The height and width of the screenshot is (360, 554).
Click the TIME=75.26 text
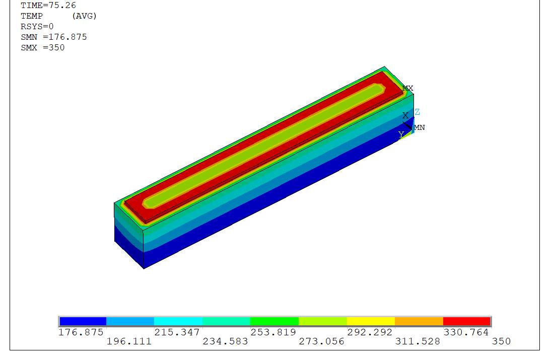(x=48, y=6)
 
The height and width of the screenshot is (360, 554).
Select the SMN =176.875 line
(x=54, y=37)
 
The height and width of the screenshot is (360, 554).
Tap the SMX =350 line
(x=43, y=48)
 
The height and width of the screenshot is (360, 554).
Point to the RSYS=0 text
(x=37, y=27)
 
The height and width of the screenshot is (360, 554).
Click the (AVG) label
(x=84, y=16)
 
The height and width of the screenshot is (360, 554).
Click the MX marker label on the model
(x=408, y=88)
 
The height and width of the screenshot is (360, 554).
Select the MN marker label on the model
(x=420, y=127)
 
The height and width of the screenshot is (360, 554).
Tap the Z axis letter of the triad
(x=418, y=112)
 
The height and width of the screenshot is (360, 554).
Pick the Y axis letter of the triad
(x=401, y=134)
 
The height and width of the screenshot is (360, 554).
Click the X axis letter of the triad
(x=405, y=115)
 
